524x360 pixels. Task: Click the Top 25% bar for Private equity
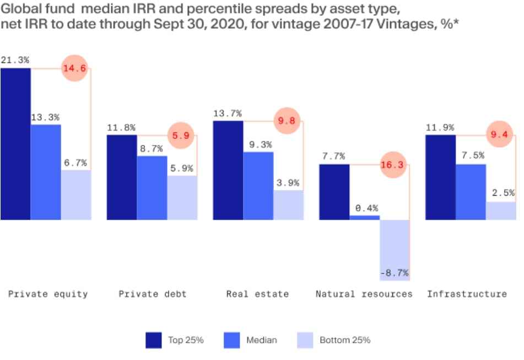pyautogui.click(x=15, y=143)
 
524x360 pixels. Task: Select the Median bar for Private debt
pyautogui.click(x=152, y=187)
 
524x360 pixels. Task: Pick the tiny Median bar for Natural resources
pyautogui.click(x=365, y=217)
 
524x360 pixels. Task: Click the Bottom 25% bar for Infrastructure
pyautogui.click(x=501, y=211)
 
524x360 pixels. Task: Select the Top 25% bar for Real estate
pyautogui.click(x=228, y=170)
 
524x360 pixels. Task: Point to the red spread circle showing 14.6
pyautogui.click(x=74, y=69)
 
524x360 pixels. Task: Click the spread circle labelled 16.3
pyautogui.click(x=393, y=164)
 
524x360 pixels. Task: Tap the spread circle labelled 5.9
pyautogui.click(x=181, y=135)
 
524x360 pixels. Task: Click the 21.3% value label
pyautogui.click(x=15, y=60)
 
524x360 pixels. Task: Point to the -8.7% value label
pyautogui.click(x=394, y=272)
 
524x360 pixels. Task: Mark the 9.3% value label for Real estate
pyautogui.click(x=258, y=144)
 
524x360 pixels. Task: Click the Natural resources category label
pyautogui.click(x=364, y=294)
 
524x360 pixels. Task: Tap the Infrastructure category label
pyautogui.click(x=467, y=294)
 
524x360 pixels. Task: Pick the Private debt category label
pyautogui.click(x=152, y=294)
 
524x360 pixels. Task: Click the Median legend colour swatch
pyautogui.click(x=232, y=340)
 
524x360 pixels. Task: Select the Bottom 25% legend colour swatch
pyautogui.click(x=304, y=340)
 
